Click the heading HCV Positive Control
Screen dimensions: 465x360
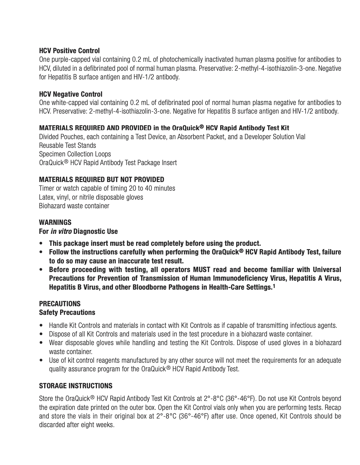(x=69, y=51)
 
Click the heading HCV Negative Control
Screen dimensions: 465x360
(x=70, y=94)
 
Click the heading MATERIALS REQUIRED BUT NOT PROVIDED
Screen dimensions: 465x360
(x=101, y=180)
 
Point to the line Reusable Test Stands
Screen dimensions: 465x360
(x=67, y=145)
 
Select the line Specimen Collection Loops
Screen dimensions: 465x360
(x=75, y=154)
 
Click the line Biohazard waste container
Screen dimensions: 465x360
(x=74, y=206)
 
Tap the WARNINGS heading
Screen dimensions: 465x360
(x=55, y=222)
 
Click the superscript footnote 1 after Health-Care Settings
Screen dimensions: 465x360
(x=274, y=286)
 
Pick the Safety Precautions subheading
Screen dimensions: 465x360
(x=67, y=313)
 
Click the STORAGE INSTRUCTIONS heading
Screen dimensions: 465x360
(x=76, y=386)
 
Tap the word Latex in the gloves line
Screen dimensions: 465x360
(x=46, y=197)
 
